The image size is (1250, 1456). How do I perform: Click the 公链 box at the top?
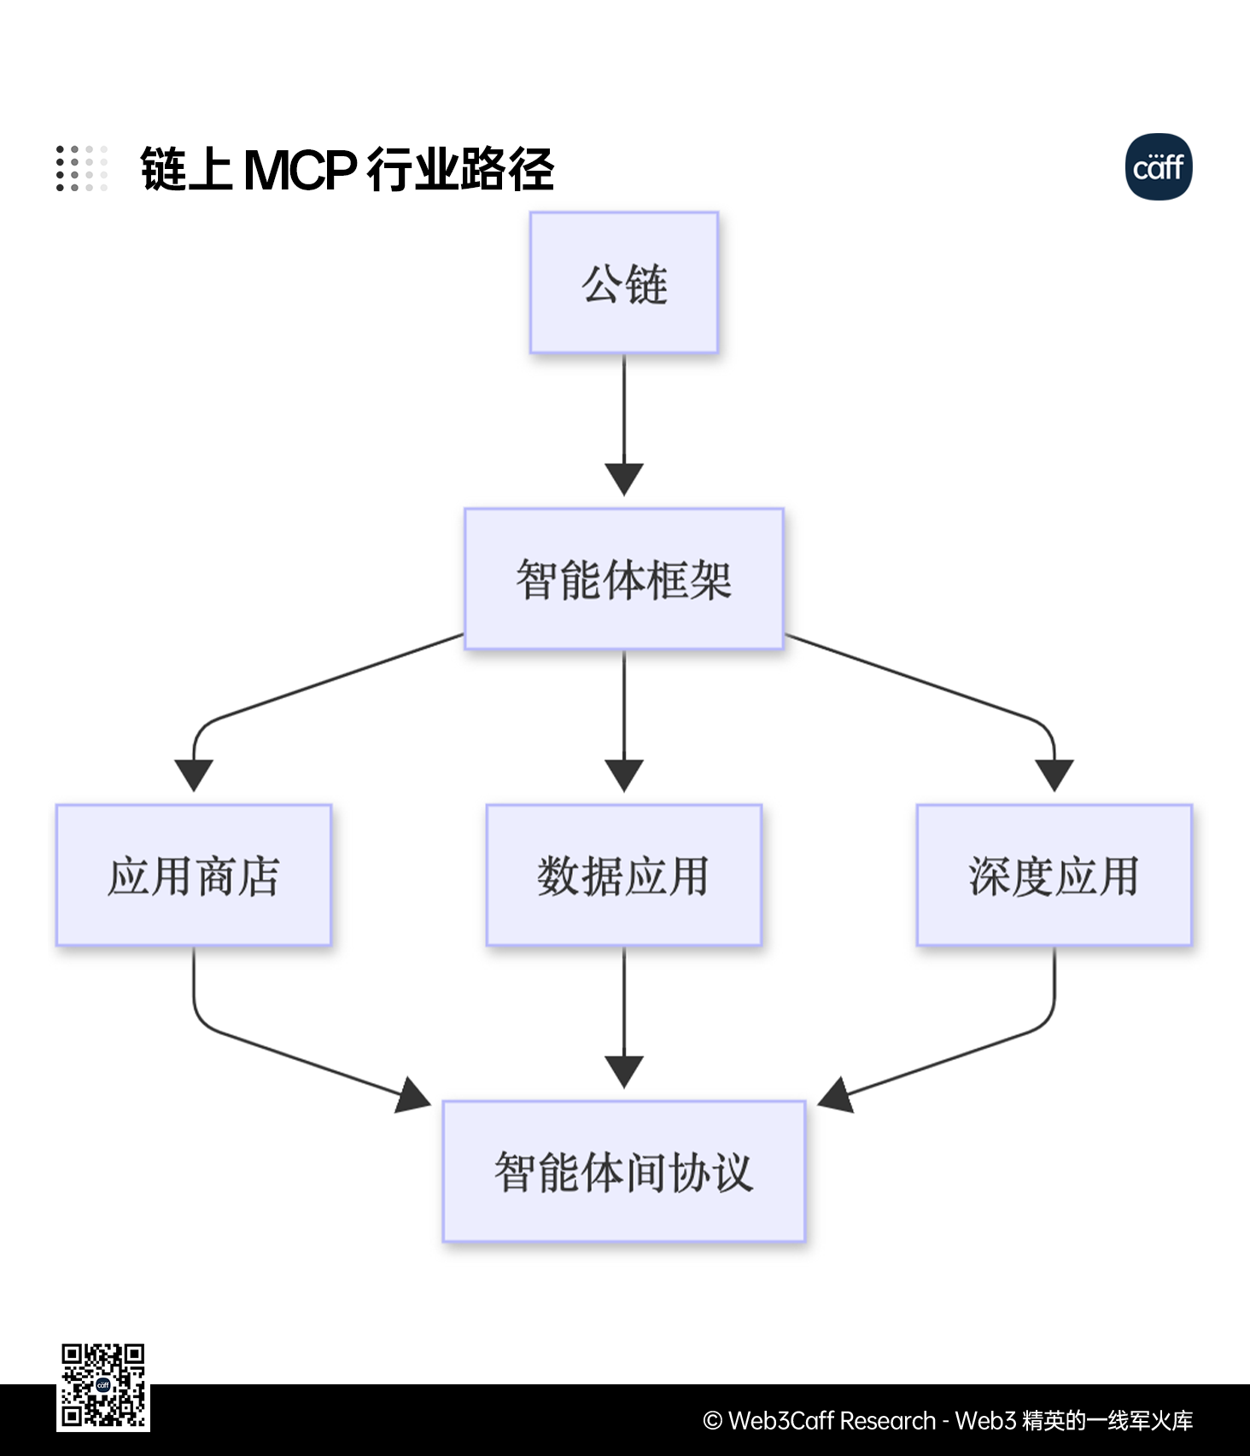click(624, 282)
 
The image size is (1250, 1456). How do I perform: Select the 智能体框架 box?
click(624, 579)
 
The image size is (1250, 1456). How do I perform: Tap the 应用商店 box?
click(194, 875)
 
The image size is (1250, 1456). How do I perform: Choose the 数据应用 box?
click(624, 875)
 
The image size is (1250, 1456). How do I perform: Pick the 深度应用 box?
click(1054, 875)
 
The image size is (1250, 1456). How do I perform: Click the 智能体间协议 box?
click(624, 1171)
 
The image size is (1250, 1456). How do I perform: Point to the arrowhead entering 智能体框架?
click(624, 478)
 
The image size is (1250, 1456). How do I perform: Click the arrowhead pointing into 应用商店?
click(194, 774)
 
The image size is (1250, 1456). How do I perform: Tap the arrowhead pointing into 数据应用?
click(624, 774)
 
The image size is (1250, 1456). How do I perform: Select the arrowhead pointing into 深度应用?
click(1054, 774)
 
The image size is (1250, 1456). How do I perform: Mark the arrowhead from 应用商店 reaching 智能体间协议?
click(414, 1095)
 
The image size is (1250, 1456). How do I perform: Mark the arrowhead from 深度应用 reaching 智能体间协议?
click(836, 1095)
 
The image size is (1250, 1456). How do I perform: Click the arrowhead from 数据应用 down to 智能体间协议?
click(624, 1070)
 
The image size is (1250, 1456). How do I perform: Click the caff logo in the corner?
click(1159, 167)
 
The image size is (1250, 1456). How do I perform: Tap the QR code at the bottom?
click(103, 1386)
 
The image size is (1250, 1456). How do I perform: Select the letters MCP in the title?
click(300, 169)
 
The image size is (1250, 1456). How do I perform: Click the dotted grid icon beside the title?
click(82, 168)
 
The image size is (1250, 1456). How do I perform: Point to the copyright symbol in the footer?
click(713, 1421)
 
